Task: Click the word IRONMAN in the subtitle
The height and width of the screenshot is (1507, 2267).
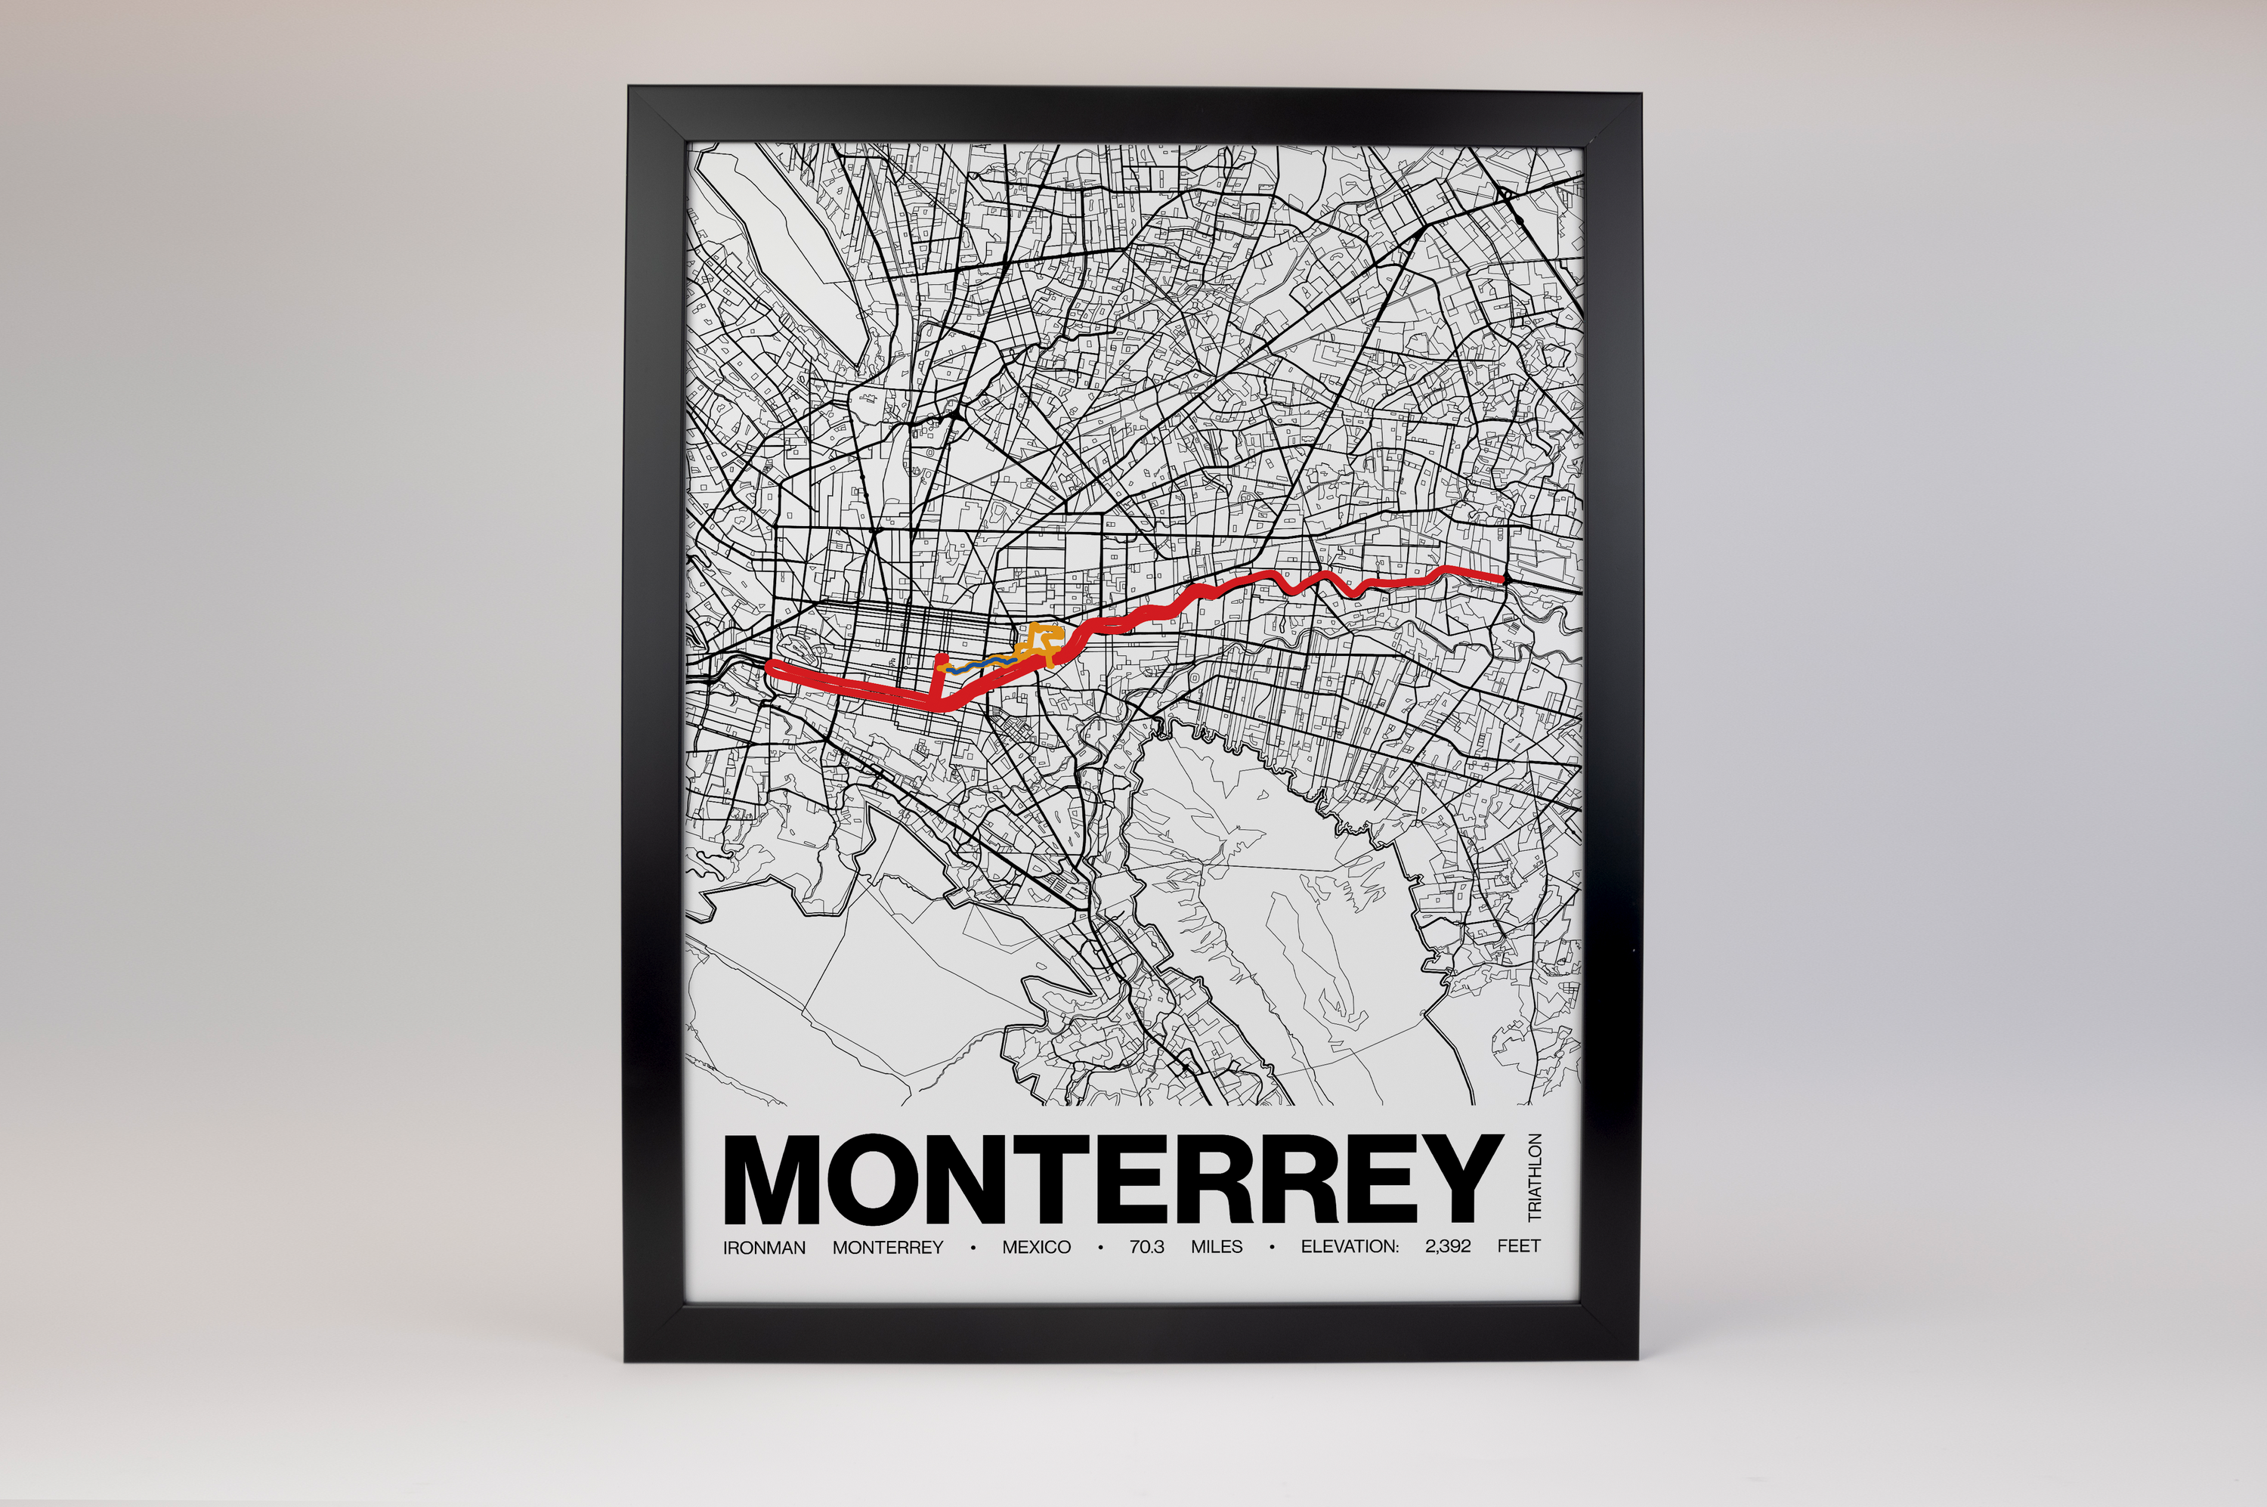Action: [764, 1248]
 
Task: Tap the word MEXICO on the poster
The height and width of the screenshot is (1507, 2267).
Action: [1036, 1248]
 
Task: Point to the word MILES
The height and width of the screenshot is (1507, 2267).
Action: [1217, 1248]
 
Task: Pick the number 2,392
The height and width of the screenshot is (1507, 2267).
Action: [1448, 1248]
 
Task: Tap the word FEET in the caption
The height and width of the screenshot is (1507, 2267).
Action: [1518, 1248]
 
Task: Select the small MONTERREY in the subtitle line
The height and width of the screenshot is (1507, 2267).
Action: [888, 1248]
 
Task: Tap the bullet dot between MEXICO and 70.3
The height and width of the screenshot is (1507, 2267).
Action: [1100, 1248]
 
